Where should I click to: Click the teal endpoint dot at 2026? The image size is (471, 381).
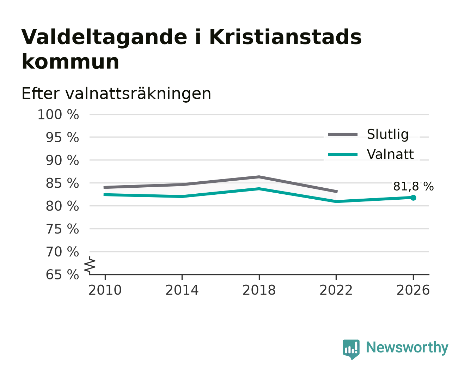tap(413, 198)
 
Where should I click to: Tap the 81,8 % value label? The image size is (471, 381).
tap(413, 186)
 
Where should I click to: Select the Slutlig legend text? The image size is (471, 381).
tap(387, 134)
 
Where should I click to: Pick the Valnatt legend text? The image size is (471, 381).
tap(390, 154)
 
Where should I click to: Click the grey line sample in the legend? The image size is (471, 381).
tap(343, 134)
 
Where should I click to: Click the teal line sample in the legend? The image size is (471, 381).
tap(343, 155)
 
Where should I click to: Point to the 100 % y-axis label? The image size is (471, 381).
tap(58, 115)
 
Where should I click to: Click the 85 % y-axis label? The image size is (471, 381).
tap(62, 183)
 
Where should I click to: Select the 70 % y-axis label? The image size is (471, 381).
tap(62, 252)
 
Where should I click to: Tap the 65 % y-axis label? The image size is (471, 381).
tap(62, 274)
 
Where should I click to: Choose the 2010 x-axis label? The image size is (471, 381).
tap(105, 290)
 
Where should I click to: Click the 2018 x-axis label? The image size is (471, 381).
tap(259, 290)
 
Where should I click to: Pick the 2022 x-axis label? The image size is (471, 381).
tap(336, 290)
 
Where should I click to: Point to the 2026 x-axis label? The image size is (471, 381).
tap(413, 290)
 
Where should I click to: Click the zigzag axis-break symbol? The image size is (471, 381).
tap(90, 265)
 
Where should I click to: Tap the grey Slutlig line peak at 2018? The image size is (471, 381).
tap(259, 177)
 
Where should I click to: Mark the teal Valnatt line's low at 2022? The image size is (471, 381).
tap(336, 201)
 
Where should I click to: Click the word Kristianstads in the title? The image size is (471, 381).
tap(285, 37)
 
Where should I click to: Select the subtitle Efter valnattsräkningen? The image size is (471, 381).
tap(116, 94)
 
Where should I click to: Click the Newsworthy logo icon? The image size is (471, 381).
tap(351, 349)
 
